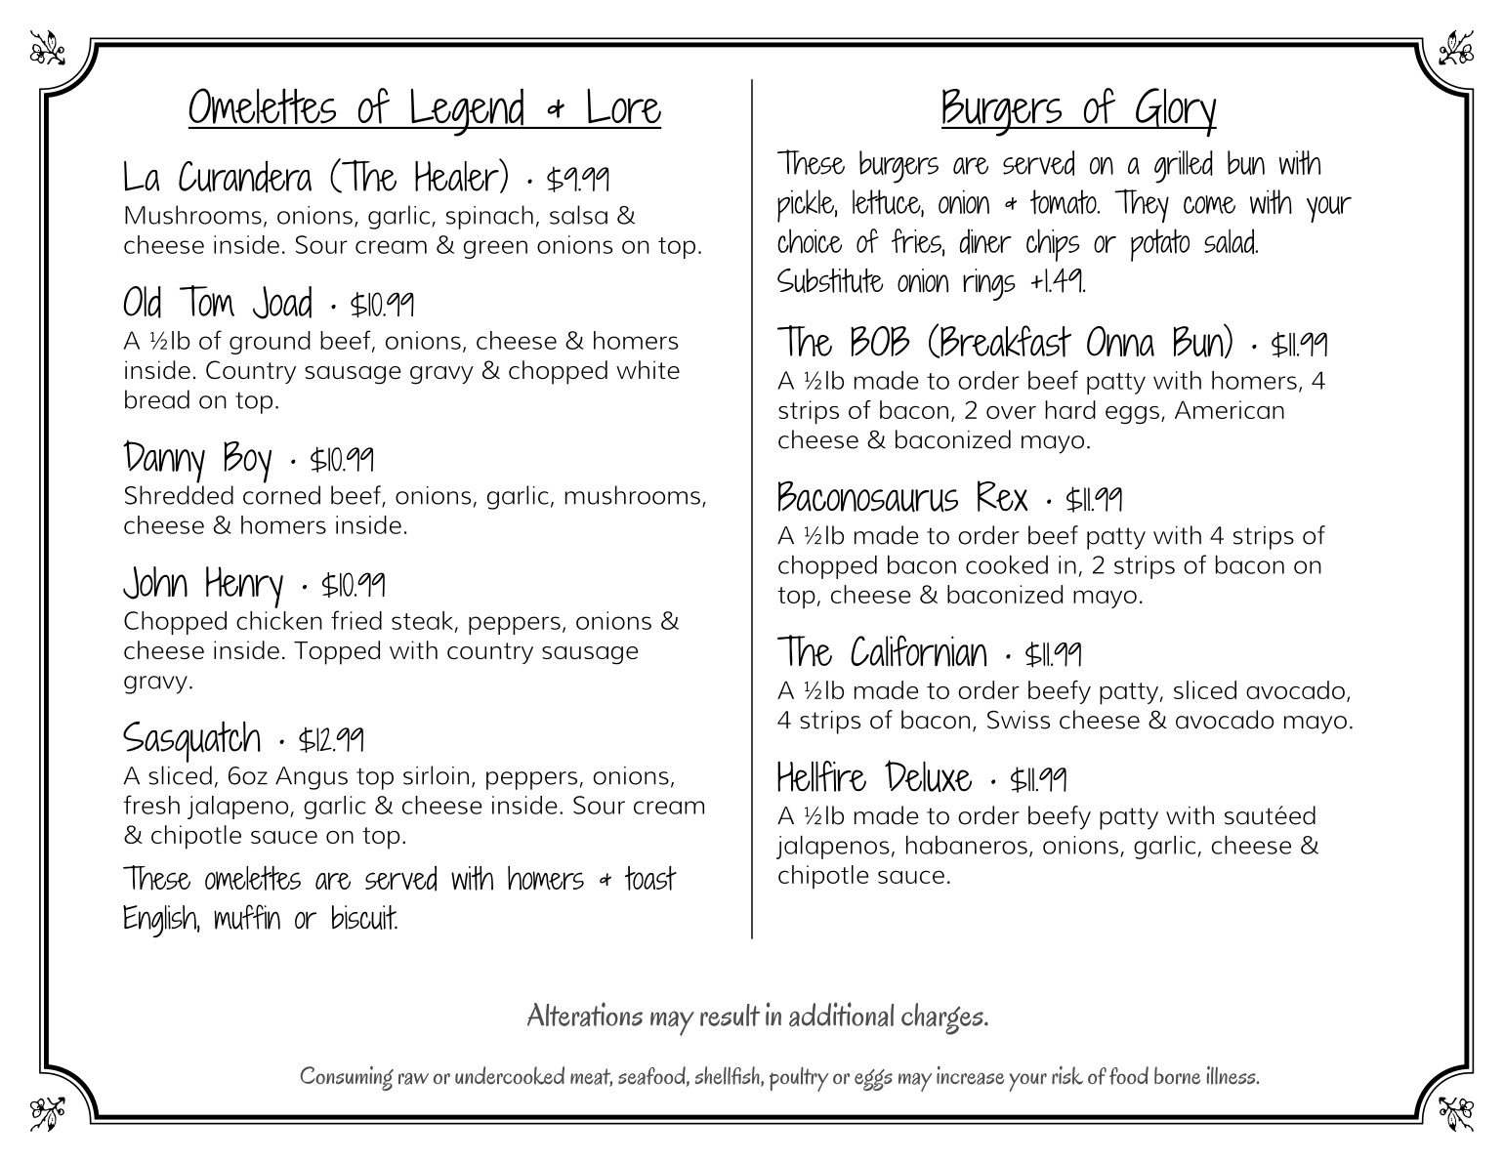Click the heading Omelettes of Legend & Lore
pos(424,107)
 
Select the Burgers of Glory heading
pos(1078,107)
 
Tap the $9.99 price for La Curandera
pos(578,180)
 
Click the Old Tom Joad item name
pos(218,304)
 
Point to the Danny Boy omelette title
pos(197,458)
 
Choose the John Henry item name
pos(203,584)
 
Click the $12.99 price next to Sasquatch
pos(332,739)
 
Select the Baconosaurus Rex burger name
pos(902,499)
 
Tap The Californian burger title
pos(882,652)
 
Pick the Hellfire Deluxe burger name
pos(874,778)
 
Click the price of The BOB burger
pos(1299,345)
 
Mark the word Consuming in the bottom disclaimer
pos(347,1077)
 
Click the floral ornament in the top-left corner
pos(46,46)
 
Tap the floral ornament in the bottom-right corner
pos(1457,1112)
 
